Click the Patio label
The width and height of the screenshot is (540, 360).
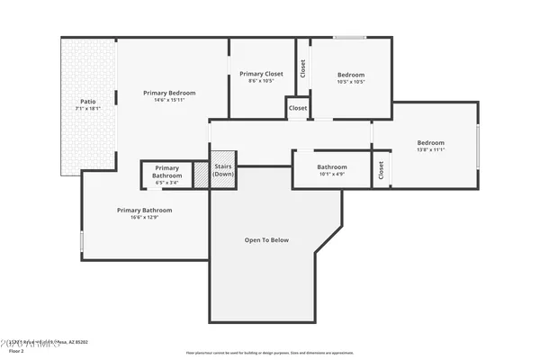point(87,102)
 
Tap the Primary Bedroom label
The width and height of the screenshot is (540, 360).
point(169,93)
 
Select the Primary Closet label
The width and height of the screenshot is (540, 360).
point(261,74)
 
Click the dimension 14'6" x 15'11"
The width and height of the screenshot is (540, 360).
point(169,100)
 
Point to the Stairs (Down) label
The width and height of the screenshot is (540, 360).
point(223,170)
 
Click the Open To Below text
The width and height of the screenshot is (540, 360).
point(266,240)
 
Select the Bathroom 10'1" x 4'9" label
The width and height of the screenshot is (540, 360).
point(332,167)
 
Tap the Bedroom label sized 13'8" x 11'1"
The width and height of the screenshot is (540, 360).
point(430,142)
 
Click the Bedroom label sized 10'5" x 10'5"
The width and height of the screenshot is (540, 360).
point(351,75)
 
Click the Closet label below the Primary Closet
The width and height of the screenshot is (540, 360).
point(298,108)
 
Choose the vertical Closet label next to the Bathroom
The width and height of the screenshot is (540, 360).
point(382,169)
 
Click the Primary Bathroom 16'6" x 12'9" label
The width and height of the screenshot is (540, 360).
point(144,210)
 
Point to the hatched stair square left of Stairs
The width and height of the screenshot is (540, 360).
point(202,175)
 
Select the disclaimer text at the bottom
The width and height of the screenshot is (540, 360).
point(269,353)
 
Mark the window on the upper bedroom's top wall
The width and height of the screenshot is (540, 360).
point(349,38)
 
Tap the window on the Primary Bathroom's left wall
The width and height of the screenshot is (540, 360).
point(82,241)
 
